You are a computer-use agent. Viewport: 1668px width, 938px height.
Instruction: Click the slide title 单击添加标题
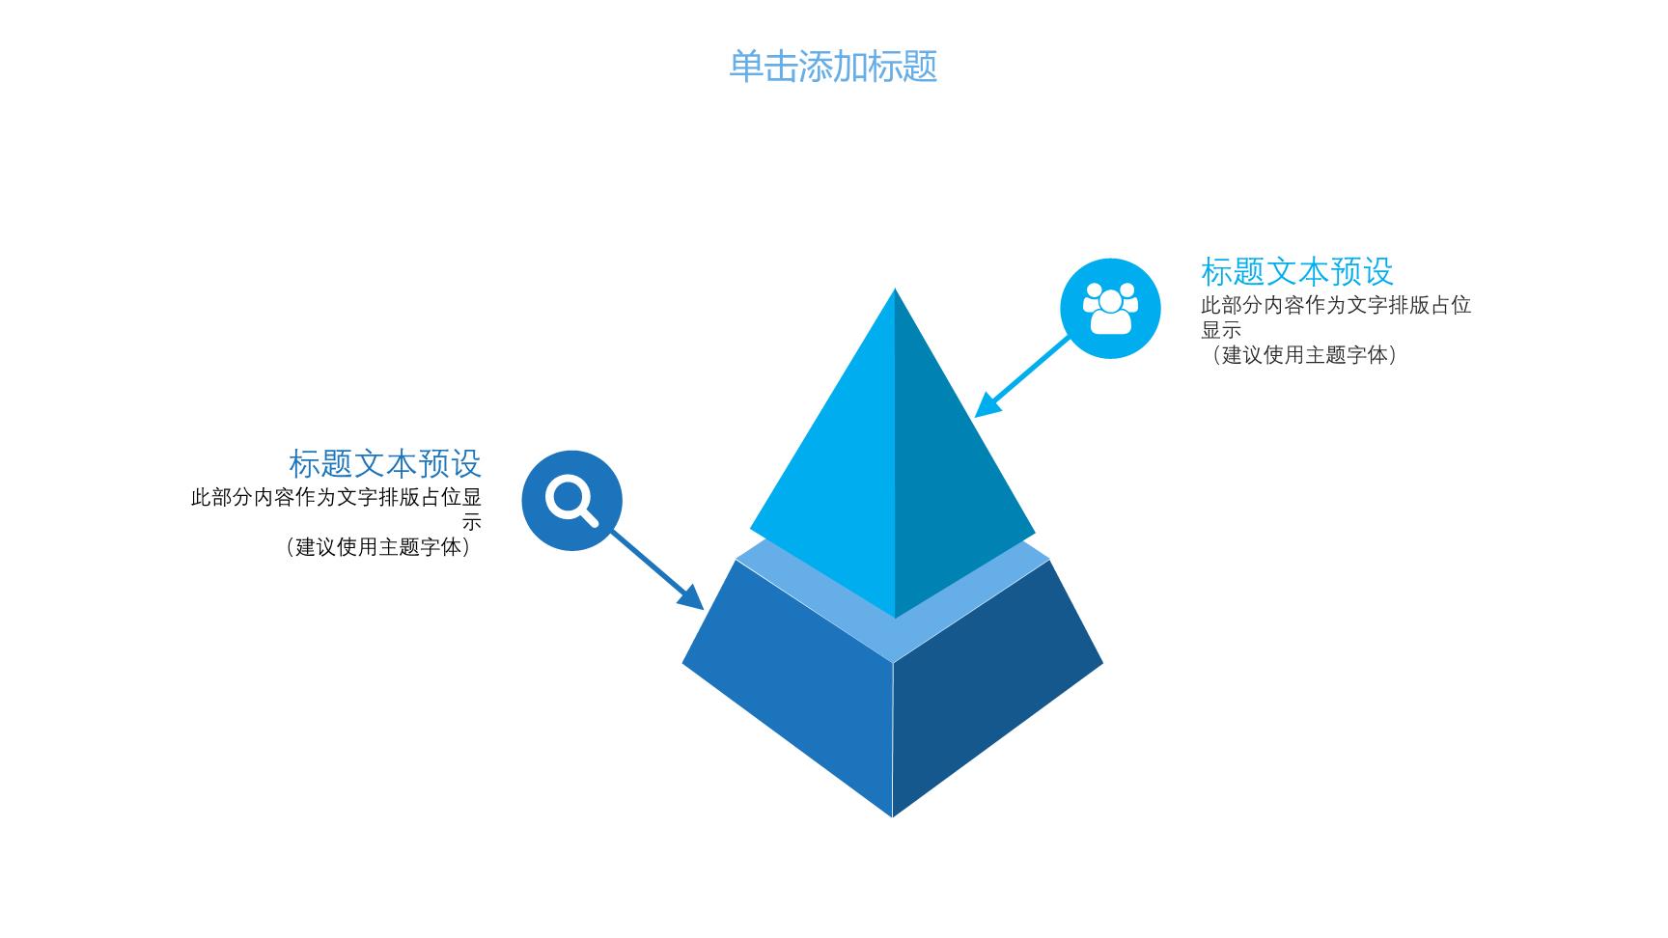pos(833,67)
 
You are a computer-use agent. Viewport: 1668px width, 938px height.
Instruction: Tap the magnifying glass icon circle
pos(572,501)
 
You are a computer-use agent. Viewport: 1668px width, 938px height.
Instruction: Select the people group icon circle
pos(1110,309)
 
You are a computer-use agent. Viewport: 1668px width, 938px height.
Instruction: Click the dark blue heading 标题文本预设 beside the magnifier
pos(385,464)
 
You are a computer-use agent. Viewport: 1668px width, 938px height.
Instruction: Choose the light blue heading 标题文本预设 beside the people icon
pos(1297,272)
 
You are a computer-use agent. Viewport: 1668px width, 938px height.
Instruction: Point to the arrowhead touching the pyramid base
pos(690,596)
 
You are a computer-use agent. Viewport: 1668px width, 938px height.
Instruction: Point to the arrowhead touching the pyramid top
pos(988,403)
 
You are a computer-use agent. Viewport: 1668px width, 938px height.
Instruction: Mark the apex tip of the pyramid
pos(895,289)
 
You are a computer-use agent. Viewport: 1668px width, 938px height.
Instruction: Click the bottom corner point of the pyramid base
pos(893,817)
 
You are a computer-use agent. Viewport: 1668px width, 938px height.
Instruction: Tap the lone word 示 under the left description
pos(471,522)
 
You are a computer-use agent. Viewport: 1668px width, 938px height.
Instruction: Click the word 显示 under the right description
pos(1221,330)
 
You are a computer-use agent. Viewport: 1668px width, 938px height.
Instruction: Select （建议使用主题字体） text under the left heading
pos(377,547)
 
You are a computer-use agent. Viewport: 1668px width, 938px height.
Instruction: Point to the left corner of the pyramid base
pos(682,664)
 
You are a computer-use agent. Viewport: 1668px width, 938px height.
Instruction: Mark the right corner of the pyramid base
pos(1103,663)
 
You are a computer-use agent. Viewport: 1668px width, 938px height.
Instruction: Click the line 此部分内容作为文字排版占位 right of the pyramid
pos(1336,305)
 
